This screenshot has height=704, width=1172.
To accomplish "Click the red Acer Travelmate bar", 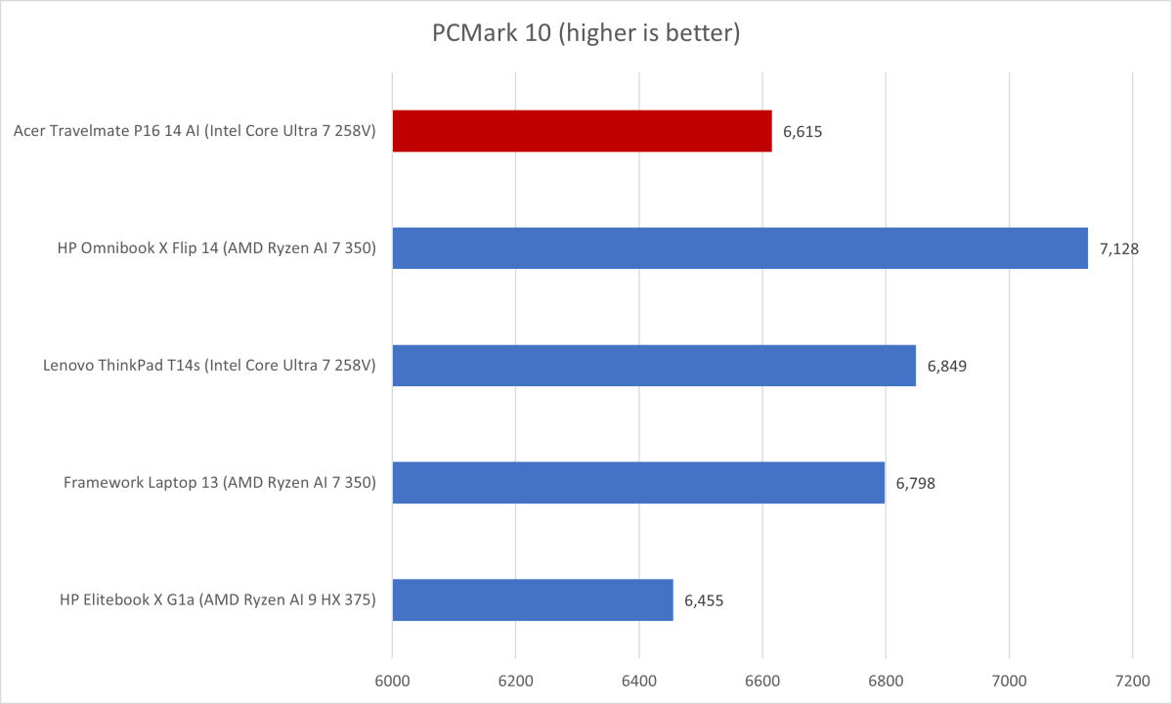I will (582, 131).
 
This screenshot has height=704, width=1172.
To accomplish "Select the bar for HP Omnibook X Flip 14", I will (740, 248).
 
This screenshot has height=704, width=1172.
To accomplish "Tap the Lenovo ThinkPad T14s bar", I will (654, 366).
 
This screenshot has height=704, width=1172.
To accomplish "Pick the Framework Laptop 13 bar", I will (638, 483).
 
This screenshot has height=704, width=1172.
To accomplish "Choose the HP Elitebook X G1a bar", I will (533, 600).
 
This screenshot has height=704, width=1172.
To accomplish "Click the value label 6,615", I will (803, 131).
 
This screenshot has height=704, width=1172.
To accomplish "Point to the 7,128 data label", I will (1118, 248).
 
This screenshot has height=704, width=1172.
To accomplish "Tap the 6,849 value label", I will (947, 366).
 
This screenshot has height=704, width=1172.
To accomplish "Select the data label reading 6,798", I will (916, 483).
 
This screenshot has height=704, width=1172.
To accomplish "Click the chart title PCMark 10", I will (586, 33).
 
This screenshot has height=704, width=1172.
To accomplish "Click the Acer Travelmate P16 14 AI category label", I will (195, 131).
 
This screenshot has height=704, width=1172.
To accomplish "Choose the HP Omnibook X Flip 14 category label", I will (217, 248).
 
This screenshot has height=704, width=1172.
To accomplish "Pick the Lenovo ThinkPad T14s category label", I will (210, 366).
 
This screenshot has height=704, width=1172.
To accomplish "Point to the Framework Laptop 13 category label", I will (220, 483).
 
